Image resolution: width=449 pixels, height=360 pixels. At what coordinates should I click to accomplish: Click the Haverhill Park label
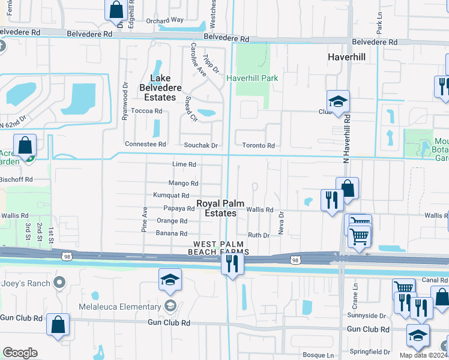[x=252, y=78]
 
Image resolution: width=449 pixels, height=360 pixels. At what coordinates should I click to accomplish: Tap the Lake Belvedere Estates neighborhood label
[x=160, y=88]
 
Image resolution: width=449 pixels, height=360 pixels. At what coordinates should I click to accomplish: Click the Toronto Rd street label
[x=258, y=145]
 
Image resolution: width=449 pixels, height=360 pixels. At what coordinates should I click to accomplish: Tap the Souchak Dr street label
[x=205, y=145]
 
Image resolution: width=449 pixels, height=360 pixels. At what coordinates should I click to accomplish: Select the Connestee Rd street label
[x=145, y=144]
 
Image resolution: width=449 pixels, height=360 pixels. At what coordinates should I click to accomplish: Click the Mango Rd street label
[x=184, y=184]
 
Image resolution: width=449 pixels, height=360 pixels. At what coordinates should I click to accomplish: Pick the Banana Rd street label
[x=172, y=234]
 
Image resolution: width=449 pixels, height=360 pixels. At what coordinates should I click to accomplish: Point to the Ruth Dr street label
[x=259, y=235]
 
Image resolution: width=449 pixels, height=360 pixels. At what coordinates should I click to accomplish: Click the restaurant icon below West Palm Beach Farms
[x=233, y=263]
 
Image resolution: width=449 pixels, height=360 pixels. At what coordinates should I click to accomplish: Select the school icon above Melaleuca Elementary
[x=170, y=280]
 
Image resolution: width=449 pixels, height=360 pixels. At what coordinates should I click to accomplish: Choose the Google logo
[x=20, y=353]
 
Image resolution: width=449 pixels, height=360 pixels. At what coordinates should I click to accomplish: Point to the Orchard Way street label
[x=164, y=20]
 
